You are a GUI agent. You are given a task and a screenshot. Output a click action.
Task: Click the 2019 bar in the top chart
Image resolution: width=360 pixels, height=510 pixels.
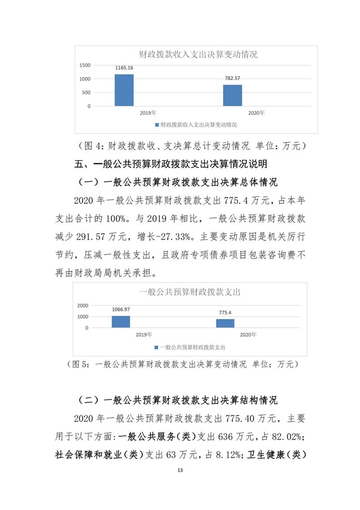124,90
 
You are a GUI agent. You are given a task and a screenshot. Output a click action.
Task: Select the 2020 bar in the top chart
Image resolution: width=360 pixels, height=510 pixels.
232,95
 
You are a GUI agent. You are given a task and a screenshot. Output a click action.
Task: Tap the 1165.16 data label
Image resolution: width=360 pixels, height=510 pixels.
124,68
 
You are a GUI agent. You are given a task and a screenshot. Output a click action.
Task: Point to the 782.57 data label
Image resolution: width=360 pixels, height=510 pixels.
232,79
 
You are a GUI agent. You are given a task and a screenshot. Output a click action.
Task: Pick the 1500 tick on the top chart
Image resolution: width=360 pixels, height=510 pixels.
85,65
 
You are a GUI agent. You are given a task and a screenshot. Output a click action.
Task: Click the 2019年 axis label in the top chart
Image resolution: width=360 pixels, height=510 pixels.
148,113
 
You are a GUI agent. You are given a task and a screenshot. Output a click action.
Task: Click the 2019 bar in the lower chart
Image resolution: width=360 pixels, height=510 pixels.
121,321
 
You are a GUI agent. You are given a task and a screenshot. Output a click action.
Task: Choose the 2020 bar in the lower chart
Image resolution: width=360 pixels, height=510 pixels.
226,323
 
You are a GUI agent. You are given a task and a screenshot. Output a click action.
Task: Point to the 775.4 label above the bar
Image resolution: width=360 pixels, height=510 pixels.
226,313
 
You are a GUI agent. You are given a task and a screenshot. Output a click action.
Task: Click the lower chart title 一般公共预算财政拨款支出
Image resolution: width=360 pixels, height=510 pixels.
190,292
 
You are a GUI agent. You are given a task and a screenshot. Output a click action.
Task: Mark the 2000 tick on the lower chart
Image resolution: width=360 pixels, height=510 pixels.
83,305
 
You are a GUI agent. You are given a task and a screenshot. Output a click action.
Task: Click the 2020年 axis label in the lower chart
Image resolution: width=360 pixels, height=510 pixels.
248,334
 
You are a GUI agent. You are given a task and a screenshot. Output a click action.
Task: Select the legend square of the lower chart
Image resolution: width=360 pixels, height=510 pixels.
156,347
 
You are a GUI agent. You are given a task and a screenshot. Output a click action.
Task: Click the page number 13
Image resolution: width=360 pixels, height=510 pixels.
180,470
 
